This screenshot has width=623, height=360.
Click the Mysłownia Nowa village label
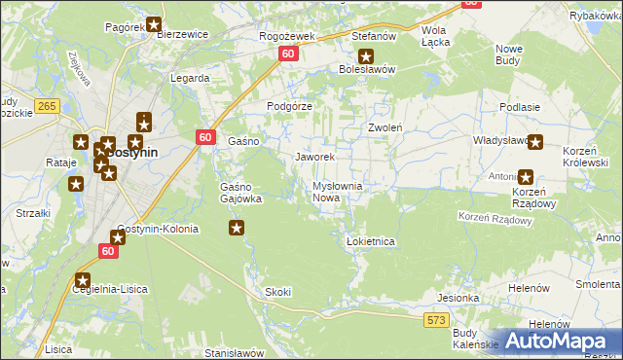pos(338,192)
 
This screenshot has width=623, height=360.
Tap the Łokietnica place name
pos(370,240)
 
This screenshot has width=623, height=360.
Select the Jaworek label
pos(314,157)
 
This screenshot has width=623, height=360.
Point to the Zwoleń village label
pos(386,127)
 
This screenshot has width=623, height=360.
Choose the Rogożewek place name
pos(283,36)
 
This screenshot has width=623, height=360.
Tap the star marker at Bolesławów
pos(365,55)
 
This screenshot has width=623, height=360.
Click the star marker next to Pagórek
pos(153,24)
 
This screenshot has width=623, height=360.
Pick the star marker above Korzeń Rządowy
pos(526,177)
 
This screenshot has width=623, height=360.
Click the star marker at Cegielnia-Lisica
pos(83,280)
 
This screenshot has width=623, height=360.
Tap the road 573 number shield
pos(436,319)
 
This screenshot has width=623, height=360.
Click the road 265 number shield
pos(45,105)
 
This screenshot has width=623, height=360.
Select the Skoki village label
pos(277,292)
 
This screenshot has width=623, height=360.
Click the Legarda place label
pos(190,78)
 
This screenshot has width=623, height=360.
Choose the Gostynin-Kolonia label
pos(157,230)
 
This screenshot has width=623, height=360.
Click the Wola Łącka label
pos(433,37)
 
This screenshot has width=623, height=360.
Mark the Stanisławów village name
pos(235,353)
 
